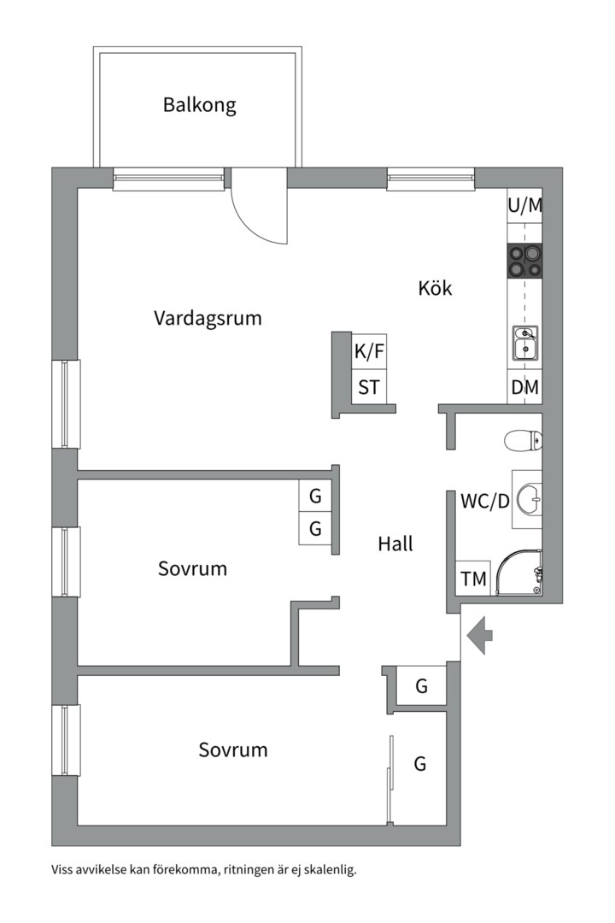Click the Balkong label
click(x=199, y=106)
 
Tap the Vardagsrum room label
click(x=208, y=319)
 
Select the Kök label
click(x=435, y=288)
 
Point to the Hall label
click(x=395, y=544)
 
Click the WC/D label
click(x=484, y=502)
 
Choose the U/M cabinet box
click(x=524, y=206)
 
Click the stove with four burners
click(x=524, y=261)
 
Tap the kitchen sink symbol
click(x=524, y=344)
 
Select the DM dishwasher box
click(x=524, y=387)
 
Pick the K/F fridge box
click(x=369, y=351)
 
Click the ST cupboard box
click(x=369, y=387)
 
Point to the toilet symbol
click(x=523, y=441)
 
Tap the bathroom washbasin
click(x=528, y=495)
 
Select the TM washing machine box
click(x=473, y=579)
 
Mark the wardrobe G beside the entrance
click(x=421, y=686)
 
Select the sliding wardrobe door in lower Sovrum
click(x=389, y=778)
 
